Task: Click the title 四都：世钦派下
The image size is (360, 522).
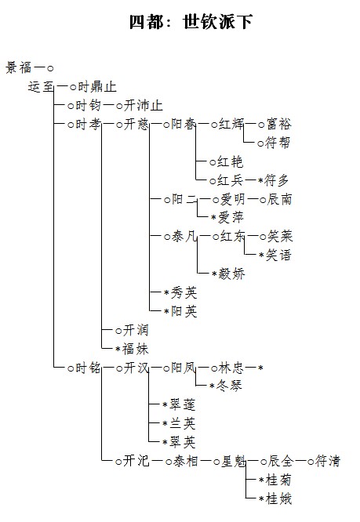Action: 191,22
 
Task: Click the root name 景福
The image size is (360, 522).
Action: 19,67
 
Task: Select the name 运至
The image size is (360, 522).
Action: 41,87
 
